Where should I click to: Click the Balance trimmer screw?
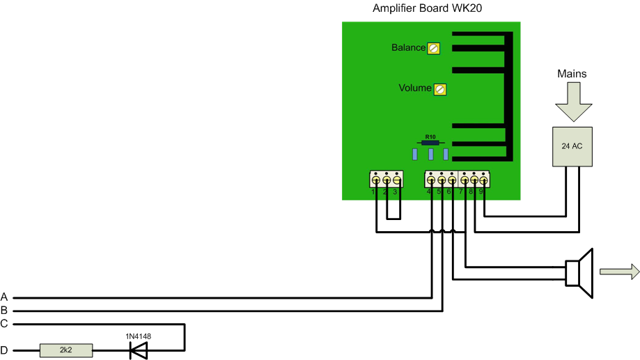tap(434, 48)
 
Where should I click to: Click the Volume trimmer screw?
tap(440, 89)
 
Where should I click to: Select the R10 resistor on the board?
tap(430, 141)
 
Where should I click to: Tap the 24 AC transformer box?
tap(572, 146)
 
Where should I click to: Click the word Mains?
tap(572, 74)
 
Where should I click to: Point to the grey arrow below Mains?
tap(572, 102)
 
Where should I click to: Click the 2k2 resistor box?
tap(65, 351)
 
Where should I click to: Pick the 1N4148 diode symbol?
tap(139, 351)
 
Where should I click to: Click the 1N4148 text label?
tap(138, 336)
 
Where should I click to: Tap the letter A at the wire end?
tap(5, 297)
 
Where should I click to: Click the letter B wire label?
tap(5, 310)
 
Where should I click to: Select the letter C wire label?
tap(5, 324)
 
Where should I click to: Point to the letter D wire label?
tap(5, 351)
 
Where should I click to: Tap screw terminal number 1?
tap(376, 180)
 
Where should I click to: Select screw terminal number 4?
tap(431, 180)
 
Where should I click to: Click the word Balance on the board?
tap(408, 48)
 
